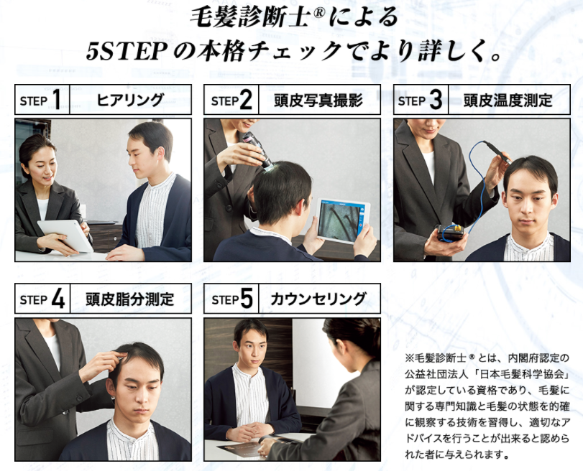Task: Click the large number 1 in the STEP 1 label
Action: pos(56,100)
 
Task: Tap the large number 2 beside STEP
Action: pos(246,100)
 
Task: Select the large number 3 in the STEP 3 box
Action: pos(436,100)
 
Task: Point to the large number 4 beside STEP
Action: pos(58,299)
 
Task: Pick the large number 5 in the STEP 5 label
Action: pos(247,299)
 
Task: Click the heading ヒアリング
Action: pos(130,100)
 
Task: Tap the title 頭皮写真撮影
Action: pos(318,100)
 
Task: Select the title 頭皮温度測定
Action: pos(508,100)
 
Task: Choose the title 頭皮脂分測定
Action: pos(130,299)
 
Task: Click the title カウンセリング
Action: pos(318,299)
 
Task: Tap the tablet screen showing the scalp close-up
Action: pos(339,220)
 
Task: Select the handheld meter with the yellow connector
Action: pos(451,234)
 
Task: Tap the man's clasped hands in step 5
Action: pos(250,430)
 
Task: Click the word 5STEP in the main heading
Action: pos(124,51)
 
